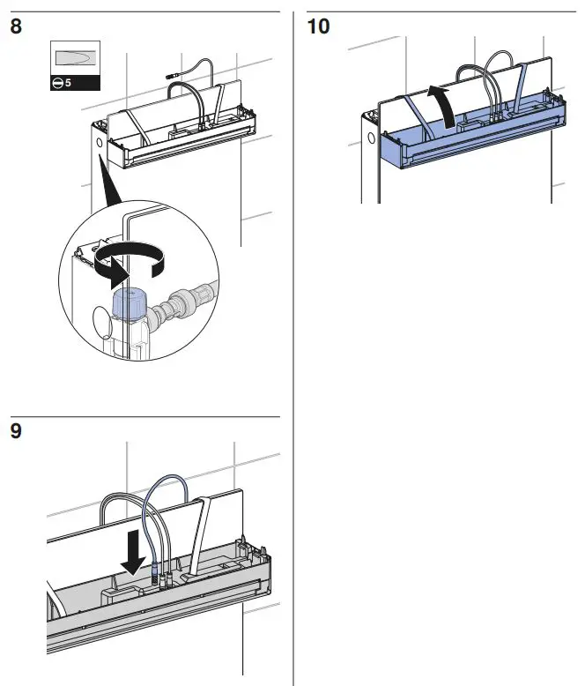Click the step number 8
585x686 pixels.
tap(16, 26)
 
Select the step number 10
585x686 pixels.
tap(318, 26)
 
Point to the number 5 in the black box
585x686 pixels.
tap(68, 83)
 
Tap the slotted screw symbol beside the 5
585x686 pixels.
tap(58, 83)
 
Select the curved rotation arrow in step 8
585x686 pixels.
tap(130, 262)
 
